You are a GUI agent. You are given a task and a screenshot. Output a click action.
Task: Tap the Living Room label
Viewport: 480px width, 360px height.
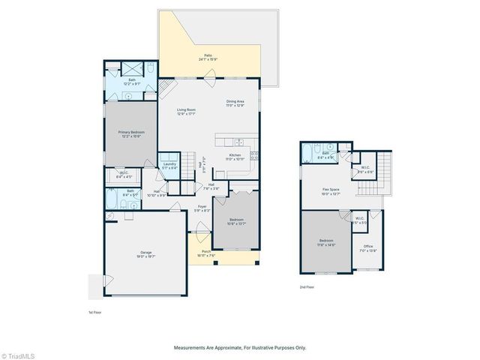[x=186, y=112]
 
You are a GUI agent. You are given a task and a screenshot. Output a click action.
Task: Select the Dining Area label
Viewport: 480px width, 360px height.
[x=236, y=103]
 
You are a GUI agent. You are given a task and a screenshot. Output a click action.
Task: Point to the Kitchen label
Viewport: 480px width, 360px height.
[x=236, y=157]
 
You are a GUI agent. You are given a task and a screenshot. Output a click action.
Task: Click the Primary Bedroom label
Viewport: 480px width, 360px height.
[x=131, y=134]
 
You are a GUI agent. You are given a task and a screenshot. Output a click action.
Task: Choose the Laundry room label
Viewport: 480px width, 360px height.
[x=169, y=166]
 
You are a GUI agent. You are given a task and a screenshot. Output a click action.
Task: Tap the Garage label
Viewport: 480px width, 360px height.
[x=146, y=255]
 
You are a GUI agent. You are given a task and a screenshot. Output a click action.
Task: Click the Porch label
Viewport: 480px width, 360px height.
[x=206, y=253]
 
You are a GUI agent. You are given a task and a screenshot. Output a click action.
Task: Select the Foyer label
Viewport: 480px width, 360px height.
[x=202, y=208]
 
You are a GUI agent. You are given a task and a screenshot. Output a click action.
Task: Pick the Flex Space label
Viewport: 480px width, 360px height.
[x=331, y=190]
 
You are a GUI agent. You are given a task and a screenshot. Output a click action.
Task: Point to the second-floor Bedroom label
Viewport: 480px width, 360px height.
[x=327, y=241]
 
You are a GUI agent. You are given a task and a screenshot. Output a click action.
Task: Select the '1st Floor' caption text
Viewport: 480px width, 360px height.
[x=95, y=312]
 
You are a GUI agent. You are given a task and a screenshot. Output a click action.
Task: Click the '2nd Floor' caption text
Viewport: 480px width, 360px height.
[x=307, y=287]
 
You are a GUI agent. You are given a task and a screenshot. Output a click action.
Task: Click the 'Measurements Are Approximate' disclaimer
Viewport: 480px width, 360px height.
[x=240, y=347]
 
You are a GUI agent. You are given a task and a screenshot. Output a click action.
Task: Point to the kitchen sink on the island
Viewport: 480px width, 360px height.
[x=238, y=142]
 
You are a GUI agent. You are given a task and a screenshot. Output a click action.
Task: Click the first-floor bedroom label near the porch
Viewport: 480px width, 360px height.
[x=236, y=221]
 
